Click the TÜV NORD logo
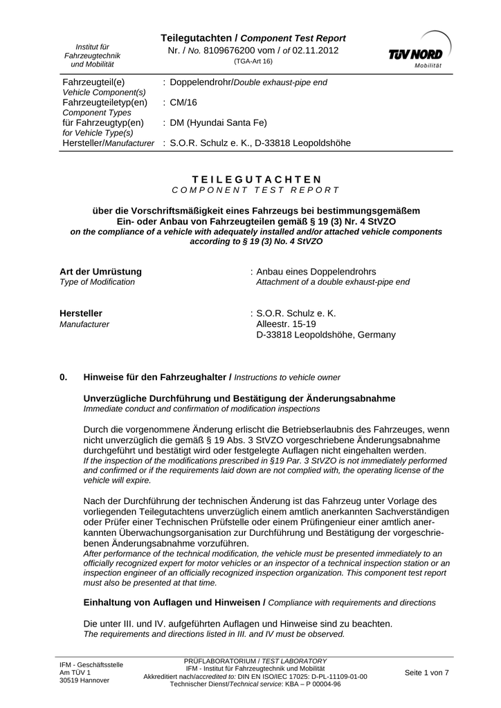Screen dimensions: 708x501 click(x=417, y=49)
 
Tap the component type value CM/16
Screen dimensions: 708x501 click(x=183, y=102)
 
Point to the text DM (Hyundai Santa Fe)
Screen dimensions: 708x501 click(x=218, y=123)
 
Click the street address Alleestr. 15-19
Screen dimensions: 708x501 click(x=286, y=324)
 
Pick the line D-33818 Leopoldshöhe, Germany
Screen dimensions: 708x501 click(x=326, y=335)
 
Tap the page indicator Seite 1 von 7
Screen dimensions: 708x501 click(x=426, y=673)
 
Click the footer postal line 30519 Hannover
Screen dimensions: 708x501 click(x=84, y=680)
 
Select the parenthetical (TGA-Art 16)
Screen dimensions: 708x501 click(x=253, y=62)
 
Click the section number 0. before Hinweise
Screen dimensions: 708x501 click(x=64, y=377)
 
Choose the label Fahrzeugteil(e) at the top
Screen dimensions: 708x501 click(x=93, y=82)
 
